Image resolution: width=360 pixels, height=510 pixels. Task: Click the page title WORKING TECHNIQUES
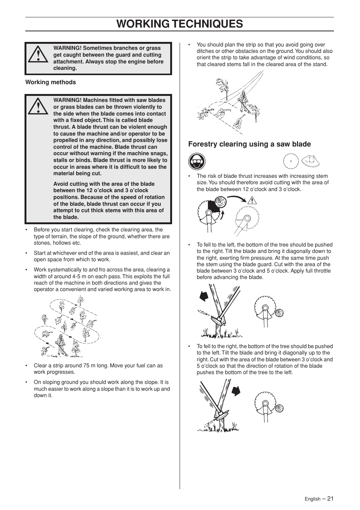click(x=180, y=24)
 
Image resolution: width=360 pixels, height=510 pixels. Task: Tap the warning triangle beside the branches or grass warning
click(x=38, y=55)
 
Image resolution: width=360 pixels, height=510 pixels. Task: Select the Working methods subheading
click(x=51, y=82)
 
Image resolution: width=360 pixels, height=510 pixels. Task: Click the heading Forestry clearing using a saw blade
click(x=249, y=144)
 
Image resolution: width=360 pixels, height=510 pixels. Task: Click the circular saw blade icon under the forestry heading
click(x=291, y=162)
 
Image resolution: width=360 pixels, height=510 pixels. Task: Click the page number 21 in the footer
click(x=330, y=498)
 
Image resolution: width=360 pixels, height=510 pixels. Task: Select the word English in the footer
click(x=312, y=499)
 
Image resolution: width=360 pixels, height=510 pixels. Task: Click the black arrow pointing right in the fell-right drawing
click(x=236, y=391)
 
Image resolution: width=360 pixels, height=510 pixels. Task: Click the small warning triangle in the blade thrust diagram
click(x=252, y=201)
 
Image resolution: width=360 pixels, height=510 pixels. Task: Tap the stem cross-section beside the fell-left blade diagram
click(x=279, y=313)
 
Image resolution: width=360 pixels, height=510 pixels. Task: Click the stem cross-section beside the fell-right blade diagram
click(x=279, y=408)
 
